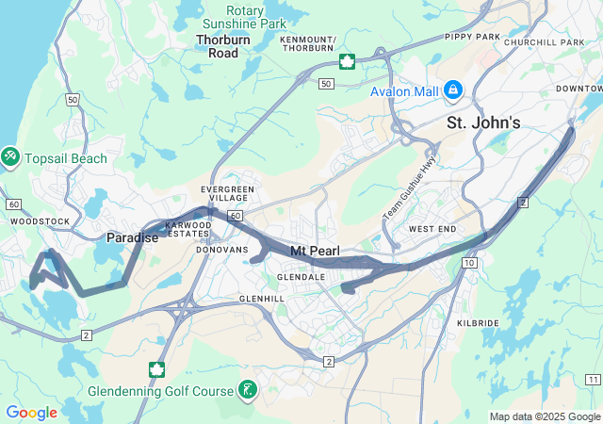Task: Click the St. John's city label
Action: [482, 122]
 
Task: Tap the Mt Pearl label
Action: [312, 252]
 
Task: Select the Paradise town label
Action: [132, 238]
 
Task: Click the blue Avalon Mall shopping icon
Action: [453, 90]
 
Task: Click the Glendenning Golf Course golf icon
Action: [247, 390]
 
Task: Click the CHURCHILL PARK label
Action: [544, 42]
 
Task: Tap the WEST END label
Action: [432, 229]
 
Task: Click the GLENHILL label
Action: [262, 298]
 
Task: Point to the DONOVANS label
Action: [221, 250]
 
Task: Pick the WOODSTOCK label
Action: [40, 221]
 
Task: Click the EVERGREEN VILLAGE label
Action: [227, 194]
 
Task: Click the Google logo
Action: [31, 413]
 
